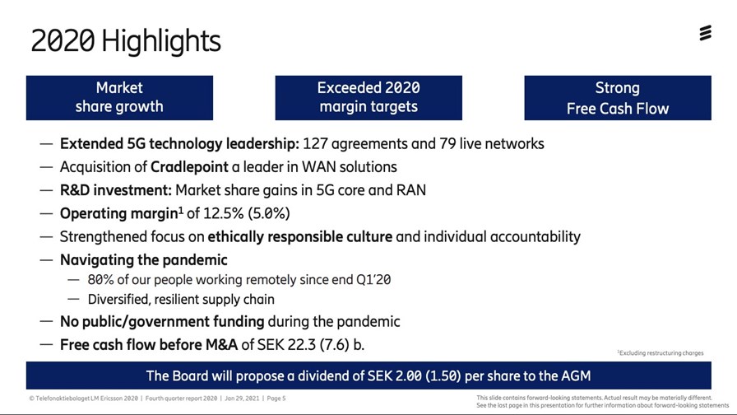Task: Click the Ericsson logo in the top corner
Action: click(705, 33)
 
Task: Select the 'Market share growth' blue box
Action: click(119, 98)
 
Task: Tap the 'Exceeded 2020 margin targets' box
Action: click(368, 98)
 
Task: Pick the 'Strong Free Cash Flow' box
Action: click(618, 98)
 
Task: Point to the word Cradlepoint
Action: click(189, 167)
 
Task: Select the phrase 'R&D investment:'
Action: click(116, 190)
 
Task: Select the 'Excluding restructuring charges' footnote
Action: click(661, 353)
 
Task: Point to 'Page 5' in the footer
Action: click(276, 399)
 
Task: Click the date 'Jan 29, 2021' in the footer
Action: click(242, 399)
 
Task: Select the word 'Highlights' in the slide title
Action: click(160, 41)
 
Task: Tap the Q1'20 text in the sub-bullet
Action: click(373, 279)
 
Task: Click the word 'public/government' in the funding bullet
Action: click(173, 322)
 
